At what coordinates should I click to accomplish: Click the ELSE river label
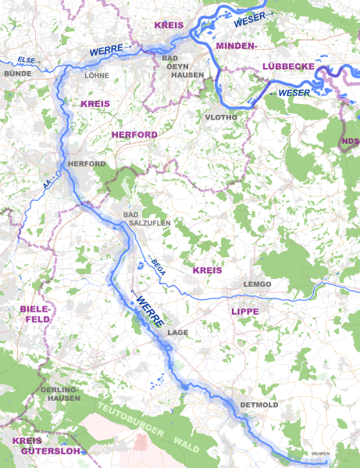click(27, 59)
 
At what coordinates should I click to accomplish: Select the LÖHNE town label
click(97, 76)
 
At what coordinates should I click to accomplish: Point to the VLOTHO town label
click(219, 117)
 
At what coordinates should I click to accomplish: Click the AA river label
click(48, 182)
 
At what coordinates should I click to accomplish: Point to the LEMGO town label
click(257, 284)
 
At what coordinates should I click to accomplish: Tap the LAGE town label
click(178, 332)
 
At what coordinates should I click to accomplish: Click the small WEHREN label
click(321, 454)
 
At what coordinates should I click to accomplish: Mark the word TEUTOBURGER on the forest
click(130, 414)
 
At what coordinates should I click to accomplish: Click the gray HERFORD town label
click(86, 163)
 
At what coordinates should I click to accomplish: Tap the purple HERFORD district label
click(134, 134)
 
